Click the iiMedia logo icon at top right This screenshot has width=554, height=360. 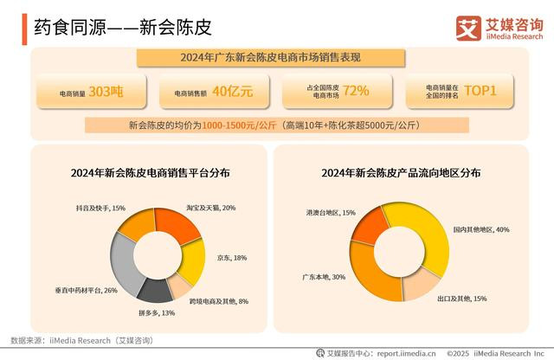468,29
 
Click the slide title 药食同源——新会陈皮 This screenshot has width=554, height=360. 123,27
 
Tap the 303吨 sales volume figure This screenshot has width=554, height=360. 106,92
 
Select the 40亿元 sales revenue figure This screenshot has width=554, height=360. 233,92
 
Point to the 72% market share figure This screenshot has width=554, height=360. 356,91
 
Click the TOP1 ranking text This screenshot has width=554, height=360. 480,91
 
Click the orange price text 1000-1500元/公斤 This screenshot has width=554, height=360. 239,125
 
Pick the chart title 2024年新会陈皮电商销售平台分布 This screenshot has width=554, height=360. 150,173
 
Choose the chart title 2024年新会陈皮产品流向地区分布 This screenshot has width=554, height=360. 401,173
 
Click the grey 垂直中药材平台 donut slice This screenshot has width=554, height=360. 123,261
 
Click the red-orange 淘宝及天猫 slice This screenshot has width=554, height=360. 177,224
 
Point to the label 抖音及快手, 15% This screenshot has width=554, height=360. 100,208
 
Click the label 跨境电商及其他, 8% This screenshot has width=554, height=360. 219,301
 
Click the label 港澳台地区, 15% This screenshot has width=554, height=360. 331,213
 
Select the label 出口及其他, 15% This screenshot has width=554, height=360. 462,299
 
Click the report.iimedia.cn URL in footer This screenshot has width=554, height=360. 406,353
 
